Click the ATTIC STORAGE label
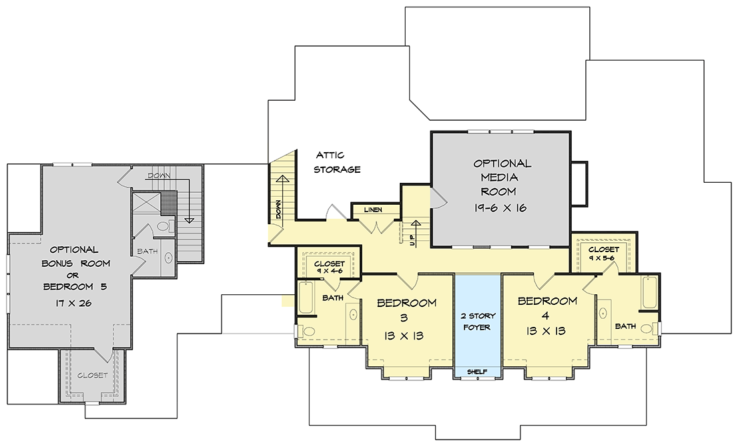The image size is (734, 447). coord(337,162)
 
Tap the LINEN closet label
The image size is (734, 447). coord(373,209)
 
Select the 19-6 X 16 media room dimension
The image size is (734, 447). coord(500,207)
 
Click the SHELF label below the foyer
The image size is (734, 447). coord(477,372)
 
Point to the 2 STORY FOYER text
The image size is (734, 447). coord(477,322)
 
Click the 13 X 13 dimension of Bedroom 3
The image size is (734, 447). coord(404,336)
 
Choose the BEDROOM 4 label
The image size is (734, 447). coord(546,301)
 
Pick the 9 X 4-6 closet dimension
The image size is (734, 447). coord(329,271)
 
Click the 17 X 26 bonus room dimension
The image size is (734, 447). coord(73,304)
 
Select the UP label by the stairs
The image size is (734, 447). coord(412,240)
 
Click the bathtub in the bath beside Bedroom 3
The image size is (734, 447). coord(306,298)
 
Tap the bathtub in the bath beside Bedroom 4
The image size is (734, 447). coord(650,292)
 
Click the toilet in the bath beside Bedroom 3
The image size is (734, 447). coord(308,332)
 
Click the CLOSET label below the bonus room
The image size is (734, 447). coord(92,376)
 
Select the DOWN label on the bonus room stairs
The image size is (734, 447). coord(159,176)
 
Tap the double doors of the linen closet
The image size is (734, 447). coord(377,227)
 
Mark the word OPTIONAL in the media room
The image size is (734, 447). coord(502,164)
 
